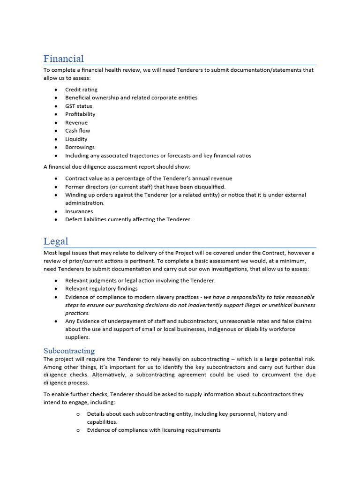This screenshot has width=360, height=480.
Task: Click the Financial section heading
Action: tap(64, 59)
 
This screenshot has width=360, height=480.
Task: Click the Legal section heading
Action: tap(56, 241)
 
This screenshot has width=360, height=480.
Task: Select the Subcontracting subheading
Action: tap(69, 351)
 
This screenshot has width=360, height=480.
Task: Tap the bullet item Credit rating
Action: tap(81, 90)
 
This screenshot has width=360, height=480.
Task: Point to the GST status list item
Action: tap(78, 106)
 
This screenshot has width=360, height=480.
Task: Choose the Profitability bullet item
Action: tap(80, 114)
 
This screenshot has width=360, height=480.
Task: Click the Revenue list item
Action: tap(76, 123)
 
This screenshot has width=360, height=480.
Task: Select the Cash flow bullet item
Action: tap(77, 131)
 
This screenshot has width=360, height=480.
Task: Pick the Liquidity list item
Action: tap(76, 139)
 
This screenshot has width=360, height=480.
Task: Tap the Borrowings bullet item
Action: tap(80, 147)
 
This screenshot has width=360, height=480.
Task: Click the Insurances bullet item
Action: tap(79, 211)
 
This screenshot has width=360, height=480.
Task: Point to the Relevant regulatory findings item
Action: tap(101, 289)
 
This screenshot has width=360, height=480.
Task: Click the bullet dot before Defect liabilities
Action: tap(56, 220)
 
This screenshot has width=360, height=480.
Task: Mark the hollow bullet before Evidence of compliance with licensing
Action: tap(78, 430)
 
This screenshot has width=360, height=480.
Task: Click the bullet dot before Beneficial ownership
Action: tap(56, 98)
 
